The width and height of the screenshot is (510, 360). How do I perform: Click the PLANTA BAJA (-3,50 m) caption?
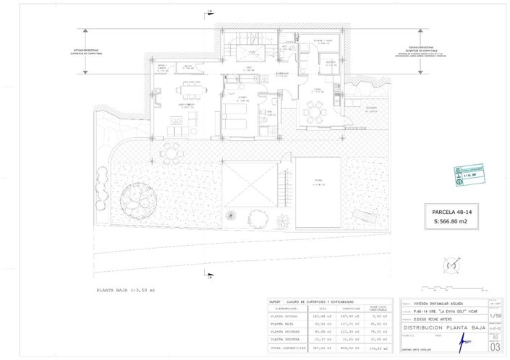127,290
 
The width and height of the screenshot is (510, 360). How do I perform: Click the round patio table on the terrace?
170,152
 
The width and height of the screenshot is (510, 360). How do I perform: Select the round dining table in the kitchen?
314,111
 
